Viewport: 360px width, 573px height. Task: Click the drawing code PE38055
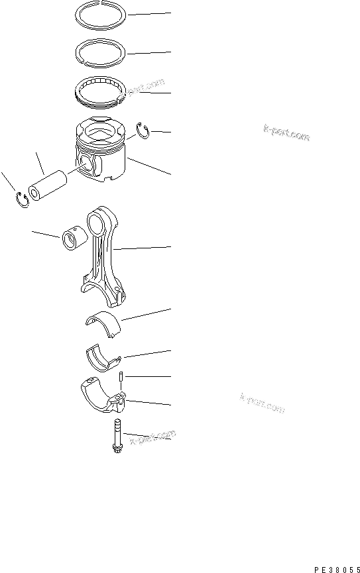click(x=337, y=568)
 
